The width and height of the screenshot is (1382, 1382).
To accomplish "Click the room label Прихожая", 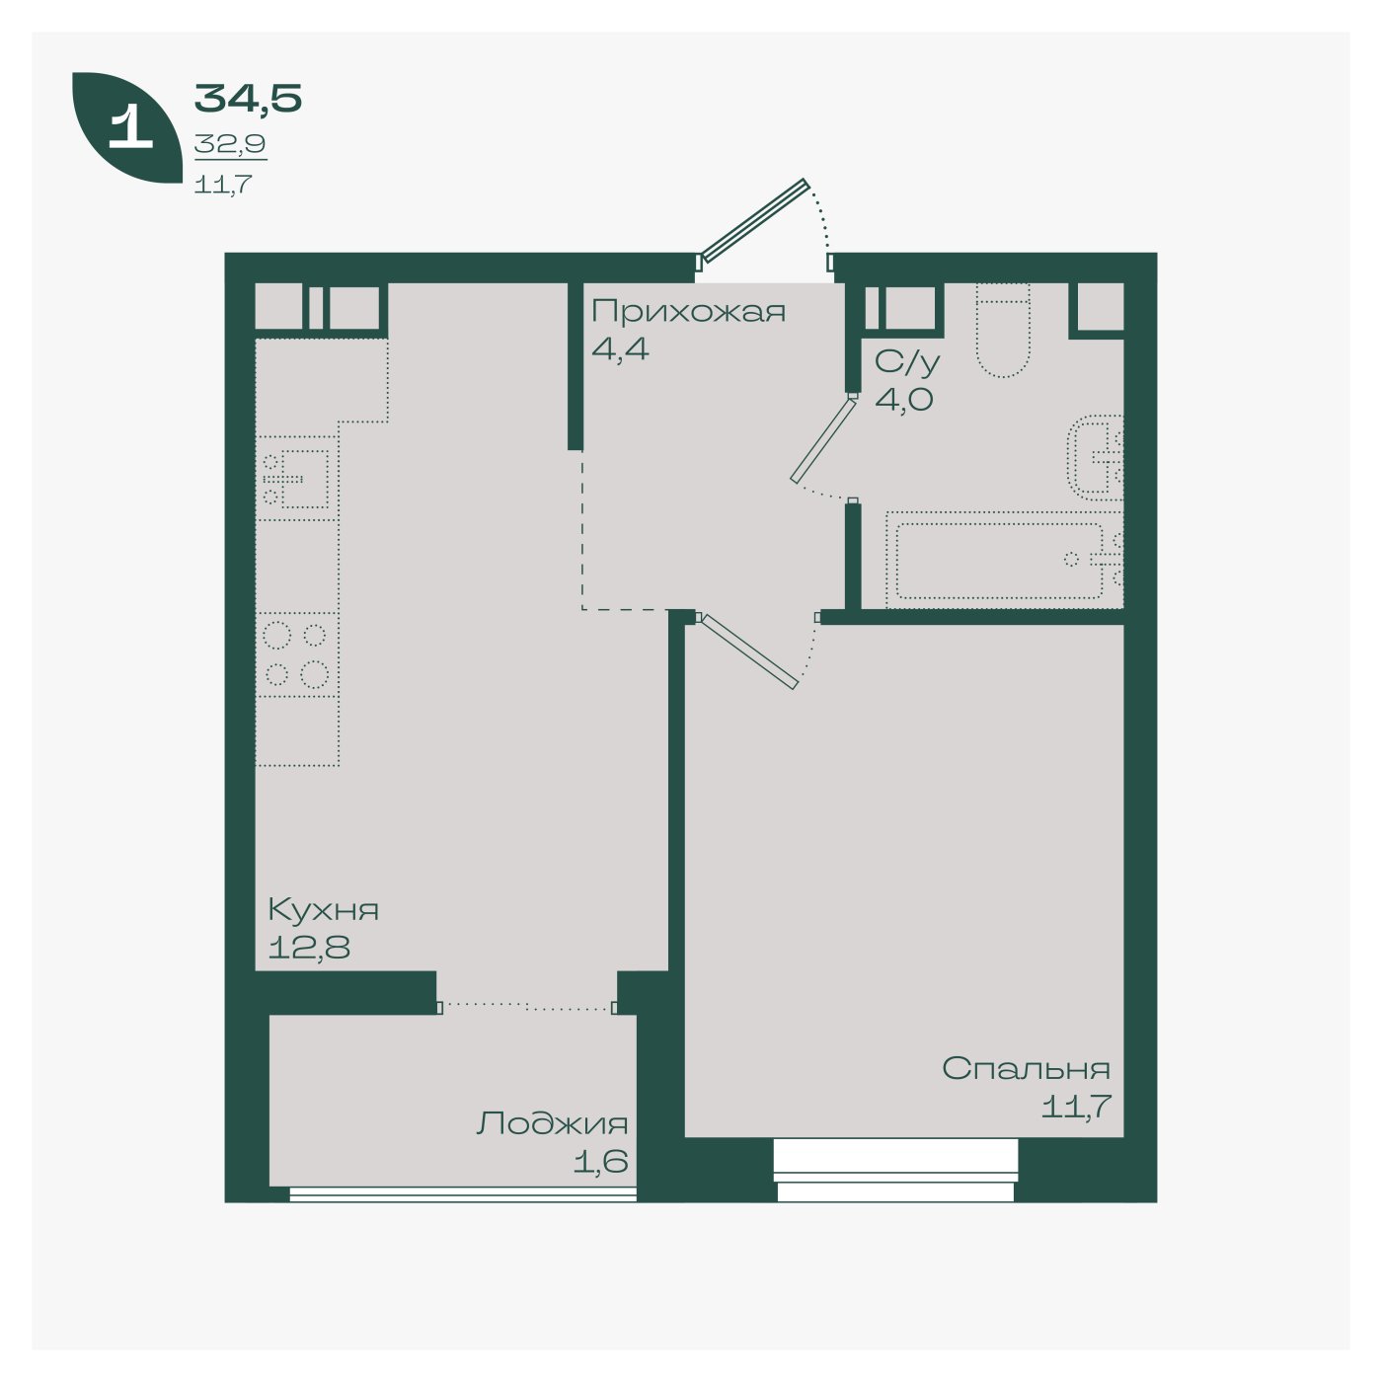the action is [688, 312].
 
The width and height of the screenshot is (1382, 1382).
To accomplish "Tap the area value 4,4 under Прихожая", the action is [620, 349].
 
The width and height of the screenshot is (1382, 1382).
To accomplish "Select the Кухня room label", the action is [323, 910].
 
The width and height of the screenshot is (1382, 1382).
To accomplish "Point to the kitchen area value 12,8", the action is [309, 948].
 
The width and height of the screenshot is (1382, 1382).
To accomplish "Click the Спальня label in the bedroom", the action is [1026, 1069].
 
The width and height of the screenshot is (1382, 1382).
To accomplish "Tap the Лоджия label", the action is [552, 1123].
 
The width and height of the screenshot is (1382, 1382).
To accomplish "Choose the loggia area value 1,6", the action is [600, 1161].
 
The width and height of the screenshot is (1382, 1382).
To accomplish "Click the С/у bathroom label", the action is [906, 362].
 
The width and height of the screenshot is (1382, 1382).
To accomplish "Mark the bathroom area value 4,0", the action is [903, 399].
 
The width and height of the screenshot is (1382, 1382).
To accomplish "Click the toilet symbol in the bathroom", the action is [1003, 330].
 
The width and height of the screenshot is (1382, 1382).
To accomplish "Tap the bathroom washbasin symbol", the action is [1095, 458].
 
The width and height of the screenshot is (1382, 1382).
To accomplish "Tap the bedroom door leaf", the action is [748, 652].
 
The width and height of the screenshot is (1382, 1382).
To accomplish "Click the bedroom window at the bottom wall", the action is [895, 1170].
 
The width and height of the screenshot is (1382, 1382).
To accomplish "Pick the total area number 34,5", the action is [248, 99].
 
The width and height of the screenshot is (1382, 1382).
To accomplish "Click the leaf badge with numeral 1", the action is [127, 127].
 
